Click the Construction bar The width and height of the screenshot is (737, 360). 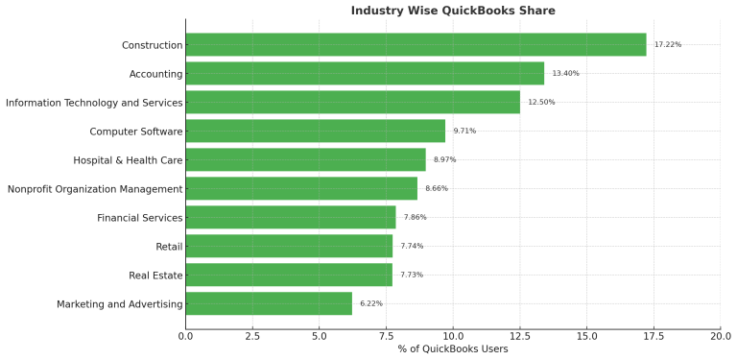tap(416, 45)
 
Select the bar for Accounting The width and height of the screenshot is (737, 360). tap(365, 74)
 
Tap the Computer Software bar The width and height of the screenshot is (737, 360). tap(315, 132)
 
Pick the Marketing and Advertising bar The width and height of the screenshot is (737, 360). tap(269, 304)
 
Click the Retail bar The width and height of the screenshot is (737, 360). tap(289, 247)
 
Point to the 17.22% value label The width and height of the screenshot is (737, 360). tap(668, 45)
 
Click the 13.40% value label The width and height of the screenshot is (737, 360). tap(565, 74)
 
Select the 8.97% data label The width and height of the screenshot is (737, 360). tap(444, 160)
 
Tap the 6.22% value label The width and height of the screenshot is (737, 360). tap(371, 304)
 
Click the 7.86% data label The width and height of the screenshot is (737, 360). tap(415, 218)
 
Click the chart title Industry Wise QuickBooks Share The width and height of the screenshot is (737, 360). tap(453, 11)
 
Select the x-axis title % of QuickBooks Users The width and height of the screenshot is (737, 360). tap(453, 349)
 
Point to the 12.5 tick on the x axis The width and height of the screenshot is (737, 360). tap(520, 336)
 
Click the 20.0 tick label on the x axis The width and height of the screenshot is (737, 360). tap(721, 336)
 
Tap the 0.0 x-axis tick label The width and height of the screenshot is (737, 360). tap(185, 336)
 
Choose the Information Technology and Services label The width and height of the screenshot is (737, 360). tap(94, 103)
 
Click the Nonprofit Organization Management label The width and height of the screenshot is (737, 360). tap(95, 189)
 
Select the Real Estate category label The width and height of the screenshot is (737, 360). tap(155, 276)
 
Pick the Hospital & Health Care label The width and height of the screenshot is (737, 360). tap(128, 160)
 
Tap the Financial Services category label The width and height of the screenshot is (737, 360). tap(140, 218)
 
